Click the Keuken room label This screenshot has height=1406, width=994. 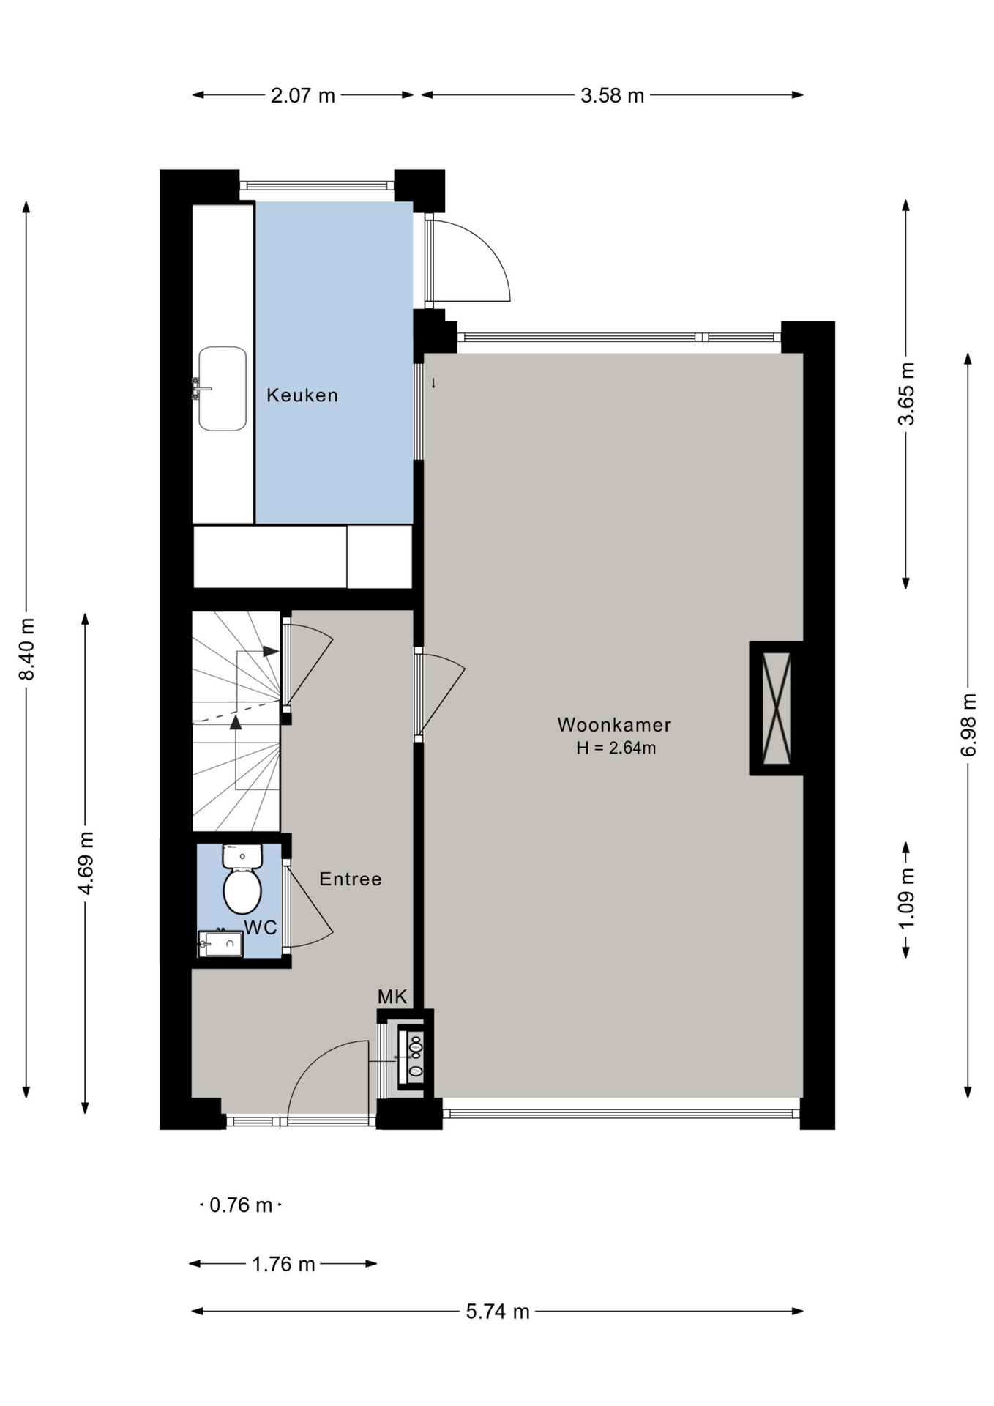(x=302, y=395)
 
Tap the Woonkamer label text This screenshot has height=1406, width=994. (x=614, y=725)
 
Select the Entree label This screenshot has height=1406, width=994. (x=351, y=879)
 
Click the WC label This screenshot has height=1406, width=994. (x=261, y=928)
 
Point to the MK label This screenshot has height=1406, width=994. (x=392, y=997)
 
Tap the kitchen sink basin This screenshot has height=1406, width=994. (x=223, y=389)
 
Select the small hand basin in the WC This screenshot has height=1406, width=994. (x=221, y=944)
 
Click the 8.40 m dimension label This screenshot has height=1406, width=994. (x=27, y=649)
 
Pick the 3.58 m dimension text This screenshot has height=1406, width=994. (x=613, y=96)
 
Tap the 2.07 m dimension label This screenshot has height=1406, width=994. (x=303, y=96)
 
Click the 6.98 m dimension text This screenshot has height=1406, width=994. (x=968, y=725)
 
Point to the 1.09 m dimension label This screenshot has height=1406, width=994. (x=906, y=899)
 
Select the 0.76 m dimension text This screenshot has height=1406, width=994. (x=241, y=1205)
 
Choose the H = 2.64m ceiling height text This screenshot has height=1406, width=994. (x=616, y=748)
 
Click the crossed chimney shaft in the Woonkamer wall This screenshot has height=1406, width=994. (x=777, y=708)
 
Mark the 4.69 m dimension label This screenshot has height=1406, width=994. (x=86, y=863)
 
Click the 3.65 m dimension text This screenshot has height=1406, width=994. (x=906, y=394)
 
